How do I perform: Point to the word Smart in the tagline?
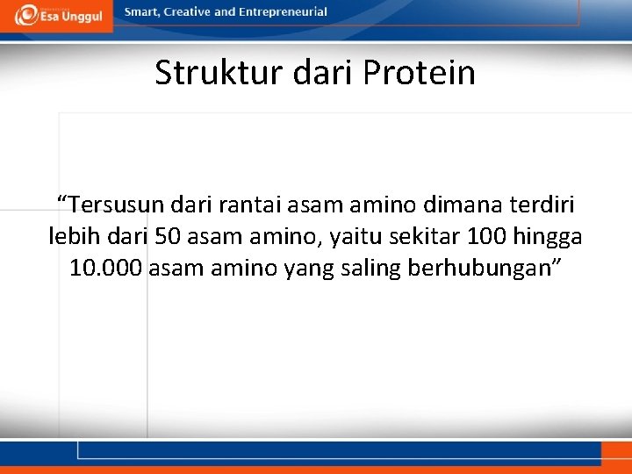[x=142, y=12]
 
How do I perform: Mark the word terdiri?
[x=543, y=205]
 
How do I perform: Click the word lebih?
[x=75, y=237]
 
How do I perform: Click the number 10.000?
[x=106, y=269]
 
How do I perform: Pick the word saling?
[x=370, y=269]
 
